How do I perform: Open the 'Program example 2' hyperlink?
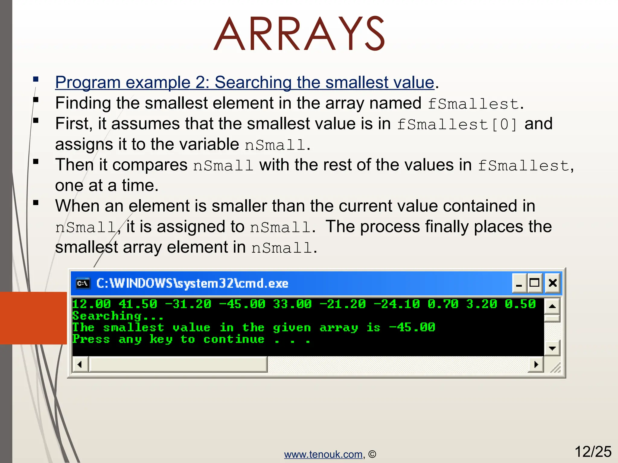point(244,82)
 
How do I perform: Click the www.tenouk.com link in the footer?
point(323,454)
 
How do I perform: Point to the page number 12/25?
point(593,452)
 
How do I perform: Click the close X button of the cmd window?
point(553,283)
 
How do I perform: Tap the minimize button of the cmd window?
point(519,283)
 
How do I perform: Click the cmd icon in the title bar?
point(83,283)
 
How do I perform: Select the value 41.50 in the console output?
point(138,304)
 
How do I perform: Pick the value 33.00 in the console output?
point(292,304)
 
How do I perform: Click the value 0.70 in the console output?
point(443,304)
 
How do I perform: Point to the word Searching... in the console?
point(118,316)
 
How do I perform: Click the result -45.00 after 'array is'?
point(412,327)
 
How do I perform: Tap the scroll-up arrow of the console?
point(552,306)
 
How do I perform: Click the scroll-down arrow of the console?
point(552,348)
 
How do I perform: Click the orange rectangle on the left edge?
point(33,318)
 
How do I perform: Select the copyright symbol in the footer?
point(372,454)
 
